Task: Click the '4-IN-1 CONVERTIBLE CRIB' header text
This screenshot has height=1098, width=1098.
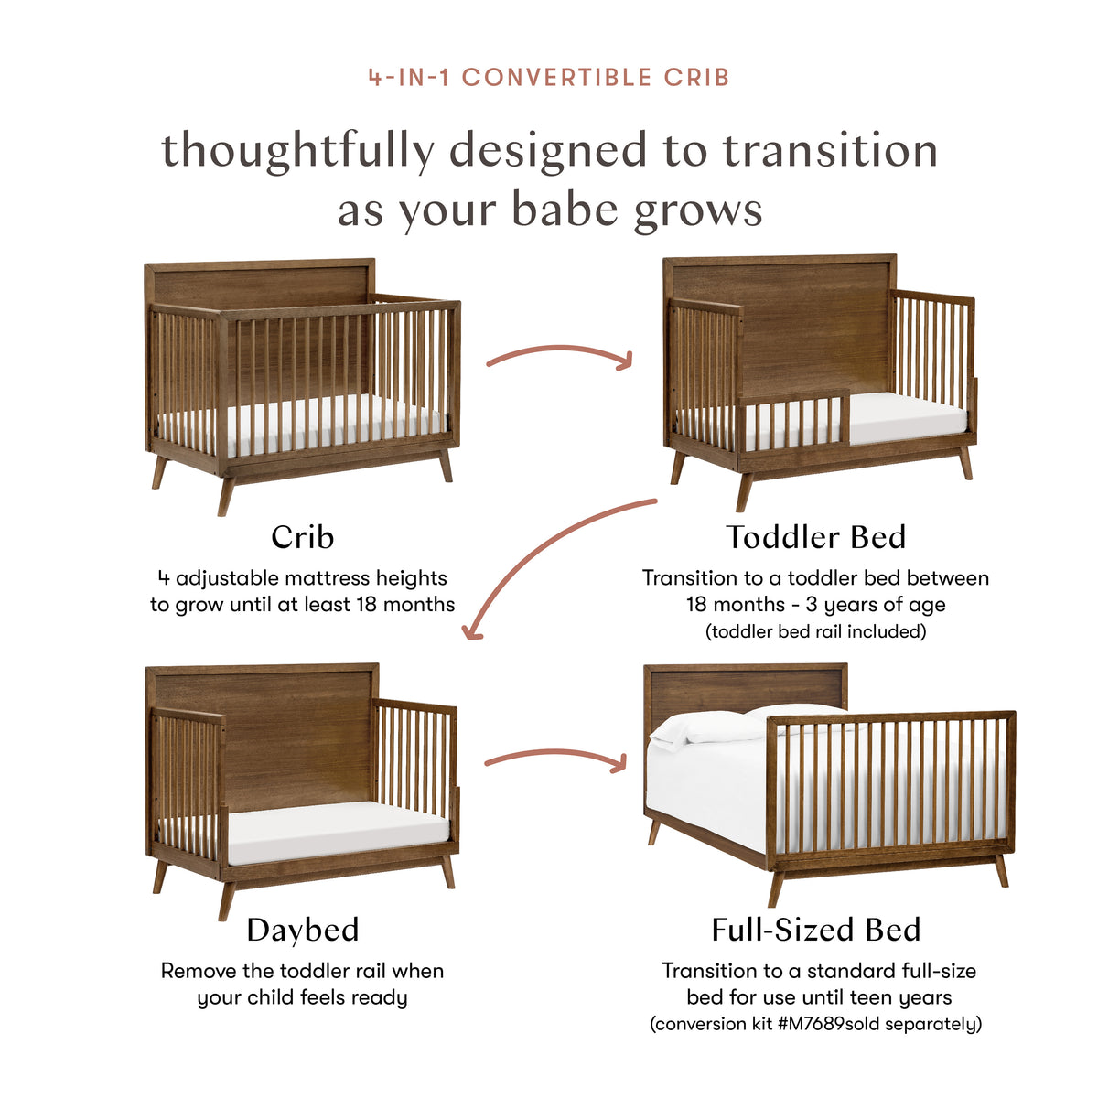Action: [x=549, y=77]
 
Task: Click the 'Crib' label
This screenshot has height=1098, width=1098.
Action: [x=303, y=537]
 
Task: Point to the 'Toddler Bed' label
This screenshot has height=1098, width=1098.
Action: [x=815, y=537]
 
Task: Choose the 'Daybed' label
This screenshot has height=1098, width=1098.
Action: [x=303, y=930]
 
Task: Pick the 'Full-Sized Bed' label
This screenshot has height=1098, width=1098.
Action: [x=815, y=930]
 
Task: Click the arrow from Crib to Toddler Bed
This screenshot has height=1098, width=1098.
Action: [x=559, y=353]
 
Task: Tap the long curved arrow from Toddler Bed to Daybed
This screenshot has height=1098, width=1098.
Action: [x=540, y=558]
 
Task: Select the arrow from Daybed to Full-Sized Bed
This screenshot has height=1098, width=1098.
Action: [x=555, y=758]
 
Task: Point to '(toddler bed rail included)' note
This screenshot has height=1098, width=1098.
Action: [x=815, y=631]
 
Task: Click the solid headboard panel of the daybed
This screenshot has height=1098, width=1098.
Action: [x=297, y=741]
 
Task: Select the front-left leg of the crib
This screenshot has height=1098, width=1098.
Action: [x=226, y=494]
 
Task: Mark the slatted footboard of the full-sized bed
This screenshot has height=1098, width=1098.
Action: [x=888, y=787]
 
